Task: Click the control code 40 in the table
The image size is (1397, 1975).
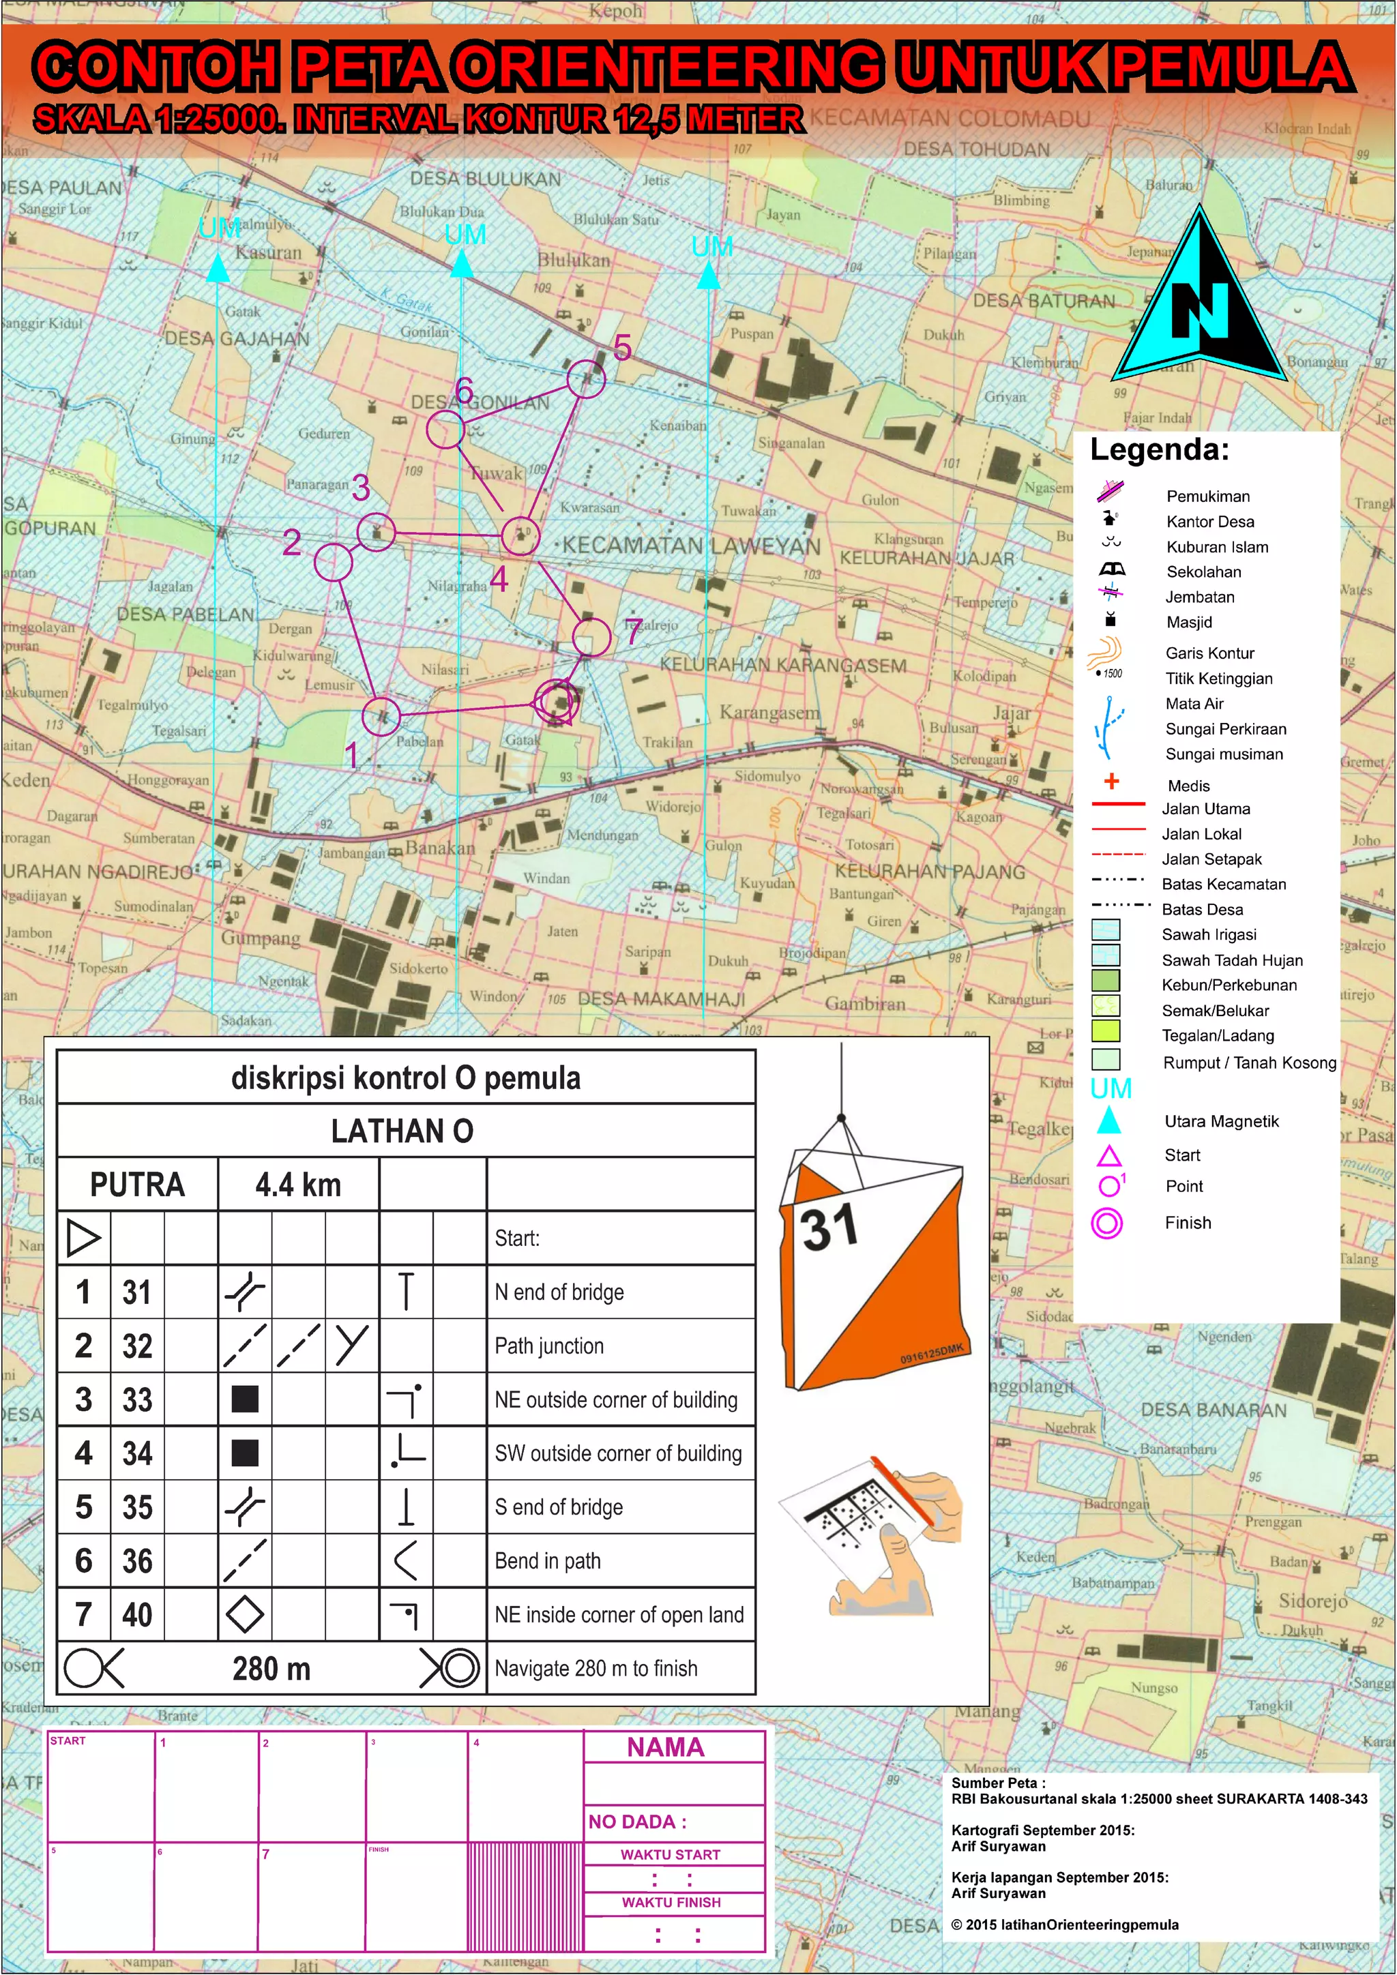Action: tap(137, 1615)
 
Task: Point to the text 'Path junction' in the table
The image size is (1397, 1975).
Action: tap(549, 1346)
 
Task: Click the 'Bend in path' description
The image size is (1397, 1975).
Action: tap(547, 1561)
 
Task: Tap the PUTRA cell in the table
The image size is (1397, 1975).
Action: tap(137, 1185)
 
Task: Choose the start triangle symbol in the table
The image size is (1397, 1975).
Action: tap(83, 1238)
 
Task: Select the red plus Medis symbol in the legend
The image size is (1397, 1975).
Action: tap(1111, 781)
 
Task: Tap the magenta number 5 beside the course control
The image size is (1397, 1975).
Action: tap(623, 348)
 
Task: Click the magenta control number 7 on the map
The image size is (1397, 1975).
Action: tap(634, 632)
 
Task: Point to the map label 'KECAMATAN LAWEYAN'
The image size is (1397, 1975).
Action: tap(692, 546)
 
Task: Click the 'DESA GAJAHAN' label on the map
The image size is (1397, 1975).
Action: tap(237, 339)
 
